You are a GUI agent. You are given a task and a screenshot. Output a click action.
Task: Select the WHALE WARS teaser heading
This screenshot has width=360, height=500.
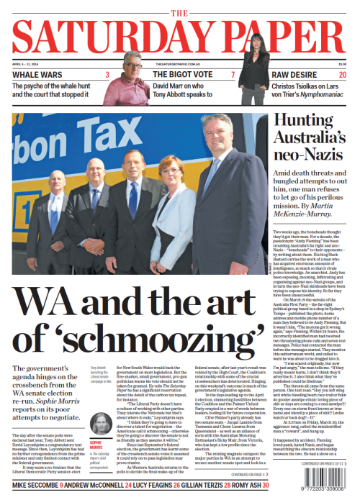tap(37, 75)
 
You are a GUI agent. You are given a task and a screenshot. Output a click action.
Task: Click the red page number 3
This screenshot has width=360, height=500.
tap(107, 75)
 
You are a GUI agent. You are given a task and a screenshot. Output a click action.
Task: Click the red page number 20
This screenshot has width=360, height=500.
tap(343, 75)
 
